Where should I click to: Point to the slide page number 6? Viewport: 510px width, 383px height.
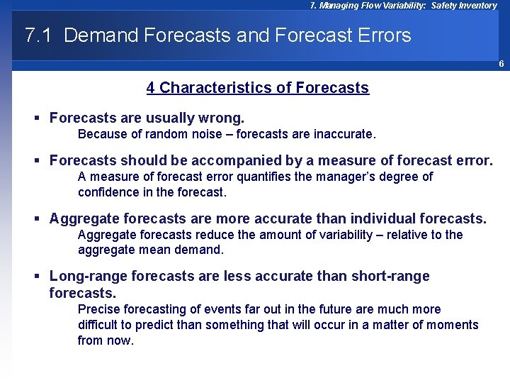(x=501, y=64)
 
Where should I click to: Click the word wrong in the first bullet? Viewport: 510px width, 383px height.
(x=220, y=118)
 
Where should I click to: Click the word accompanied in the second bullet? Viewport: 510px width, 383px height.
(x=232, y=160)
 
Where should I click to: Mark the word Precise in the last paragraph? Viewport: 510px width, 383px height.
(x=98, y=309)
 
